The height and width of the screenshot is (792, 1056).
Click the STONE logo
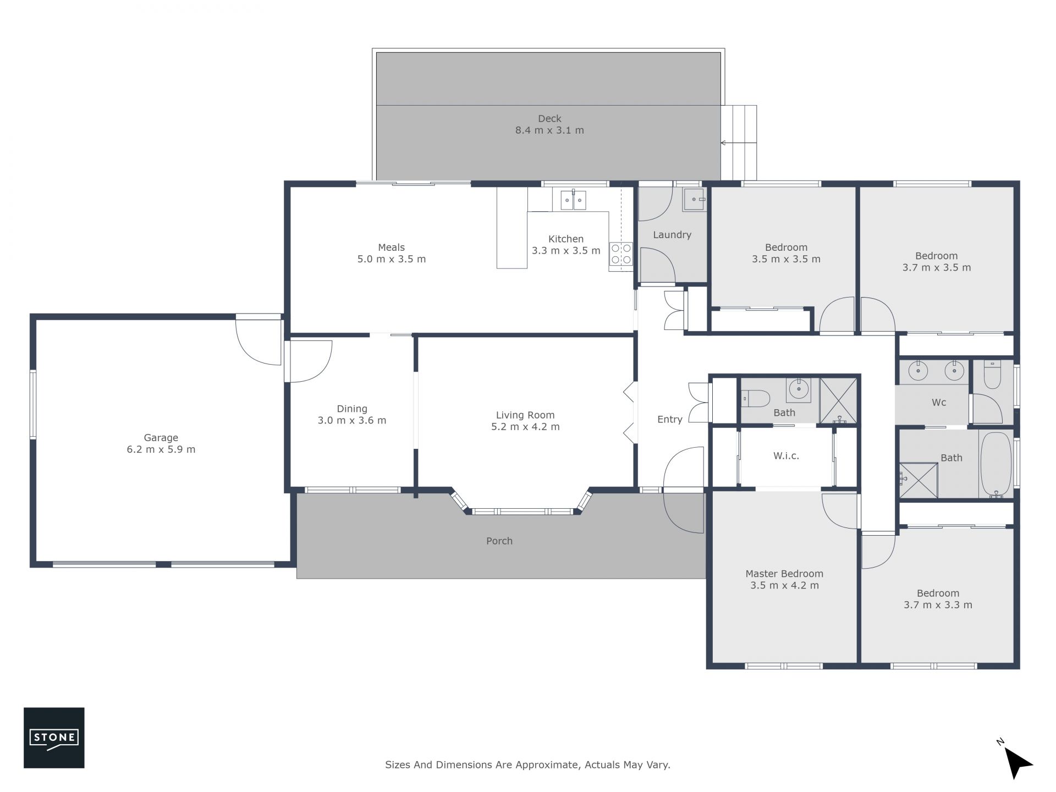click(54, 738)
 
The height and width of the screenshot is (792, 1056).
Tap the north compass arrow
click(1018, 762)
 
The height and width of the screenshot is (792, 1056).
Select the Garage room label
click(161, 438)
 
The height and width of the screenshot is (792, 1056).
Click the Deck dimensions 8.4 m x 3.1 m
click(549, 130)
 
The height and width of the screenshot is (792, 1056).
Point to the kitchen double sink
click(573, 200)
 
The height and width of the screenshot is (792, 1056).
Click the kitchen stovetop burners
click(621, 255)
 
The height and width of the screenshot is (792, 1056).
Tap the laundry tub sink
click(694, 200)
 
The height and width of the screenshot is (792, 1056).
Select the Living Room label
click(525, 415)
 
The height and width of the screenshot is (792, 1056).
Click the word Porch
click(499, 541)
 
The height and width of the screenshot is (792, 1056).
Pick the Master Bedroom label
click(784, 574)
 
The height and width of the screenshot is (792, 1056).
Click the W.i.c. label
click(786, 456)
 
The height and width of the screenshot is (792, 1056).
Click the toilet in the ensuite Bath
click(755, 398)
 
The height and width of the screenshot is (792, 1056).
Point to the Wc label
click(939, 403)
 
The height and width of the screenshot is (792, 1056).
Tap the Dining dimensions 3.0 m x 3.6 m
click(352, 421)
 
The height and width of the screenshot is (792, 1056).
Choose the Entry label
click(670, 420)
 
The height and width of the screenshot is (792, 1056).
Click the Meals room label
click(391, 248)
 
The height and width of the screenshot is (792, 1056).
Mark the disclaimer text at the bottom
click(527, 765)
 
